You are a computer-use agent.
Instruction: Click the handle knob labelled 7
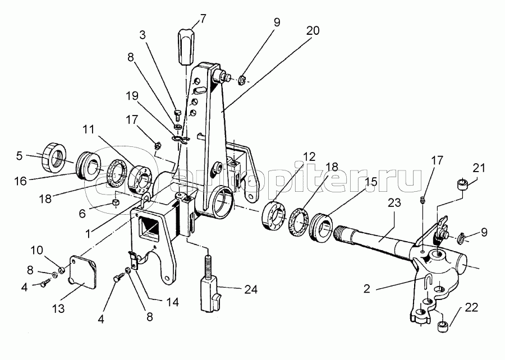(186, 47)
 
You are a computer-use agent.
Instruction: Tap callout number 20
(313, 31)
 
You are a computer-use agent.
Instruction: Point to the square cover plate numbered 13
(83, 271)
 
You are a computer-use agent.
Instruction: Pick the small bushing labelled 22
(443, 325)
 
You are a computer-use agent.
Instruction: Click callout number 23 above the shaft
(394, 202)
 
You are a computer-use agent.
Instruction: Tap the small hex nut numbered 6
(116, 202)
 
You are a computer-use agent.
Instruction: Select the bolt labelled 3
(177, 115)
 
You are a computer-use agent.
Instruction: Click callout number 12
(309, 156)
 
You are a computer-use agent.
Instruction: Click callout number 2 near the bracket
(367, 289)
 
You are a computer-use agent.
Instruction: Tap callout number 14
(172, 302)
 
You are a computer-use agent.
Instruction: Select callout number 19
(132, 96)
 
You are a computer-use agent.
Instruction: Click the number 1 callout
(88, 234)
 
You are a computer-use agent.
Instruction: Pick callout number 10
(36, 250)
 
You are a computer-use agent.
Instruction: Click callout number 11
(88, 130)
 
